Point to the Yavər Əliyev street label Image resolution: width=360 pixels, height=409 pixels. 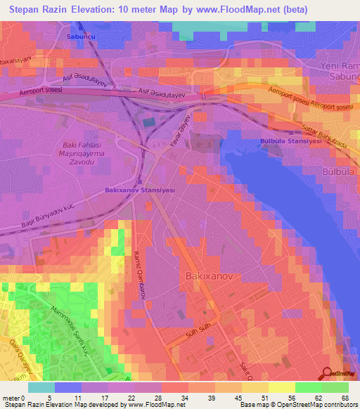pos(179,134)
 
